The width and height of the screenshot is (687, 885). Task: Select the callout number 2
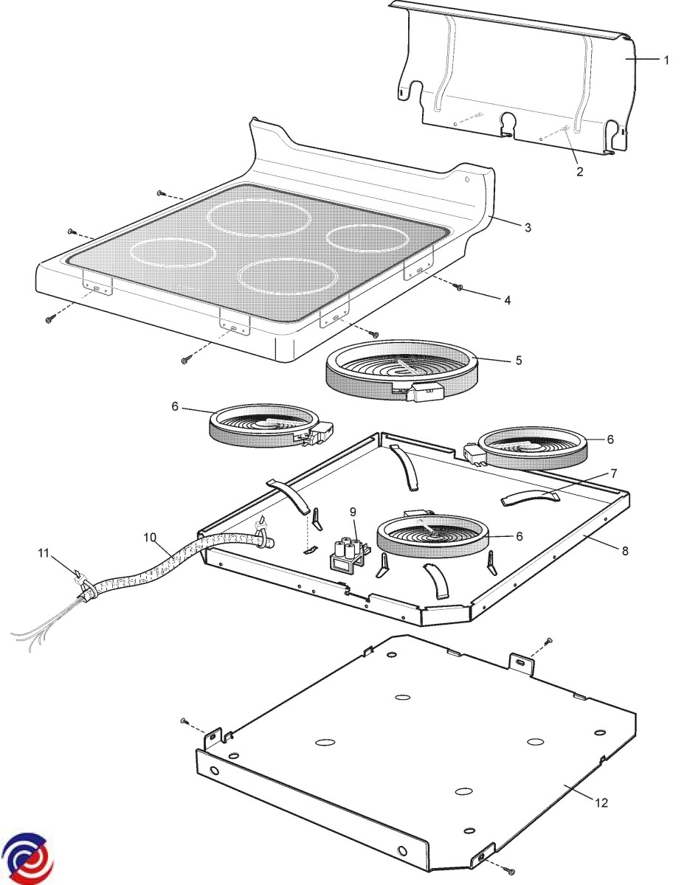click(579, 171)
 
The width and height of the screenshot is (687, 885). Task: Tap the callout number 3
click(528, 227)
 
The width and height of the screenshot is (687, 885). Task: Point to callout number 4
click(507, 300)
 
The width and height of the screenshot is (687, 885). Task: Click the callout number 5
click(519, 361)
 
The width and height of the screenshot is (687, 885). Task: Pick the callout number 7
click(613, 473)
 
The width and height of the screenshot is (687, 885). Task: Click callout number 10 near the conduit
click(151, 538)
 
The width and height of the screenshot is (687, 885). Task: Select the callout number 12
click(601, 802)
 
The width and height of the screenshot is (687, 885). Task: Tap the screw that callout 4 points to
click(460, 286)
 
